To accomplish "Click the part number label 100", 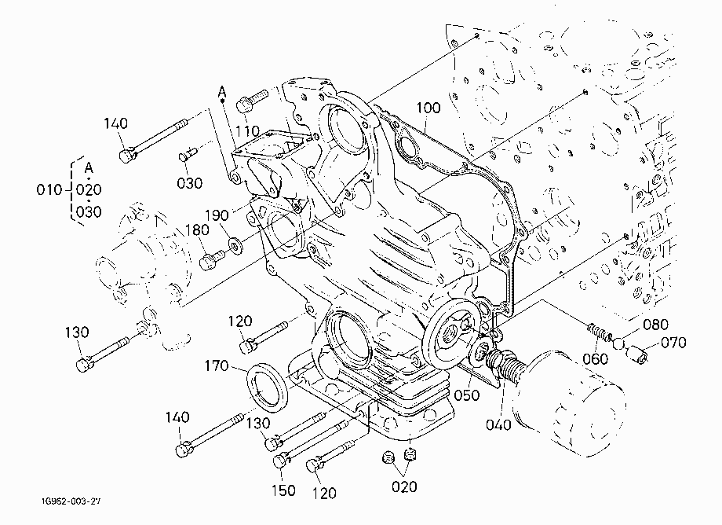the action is click(428, 108).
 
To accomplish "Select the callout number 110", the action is click(248, 132).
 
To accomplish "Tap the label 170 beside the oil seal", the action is click(217, 366).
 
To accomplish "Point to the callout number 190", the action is click(217, 215).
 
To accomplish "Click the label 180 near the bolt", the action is click(197, 229).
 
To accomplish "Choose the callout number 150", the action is click(283, 490).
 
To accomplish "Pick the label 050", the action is click(466, 395).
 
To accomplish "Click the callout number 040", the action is click(498, 424).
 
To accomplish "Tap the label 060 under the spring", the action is click(596, 358).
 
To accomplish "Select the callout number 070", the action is click(673, 343).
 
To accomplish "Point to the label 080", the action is click(655, 325).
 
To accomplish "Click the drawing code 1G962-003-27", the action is click(71, 501).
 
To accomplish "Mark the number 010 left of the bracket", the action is click(49, 190).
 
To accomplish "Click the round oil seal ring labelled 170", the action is click(268, 386).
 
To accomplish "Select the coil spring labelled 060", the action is click(599, 332).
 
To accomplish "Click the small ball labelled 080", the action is click(619, 342).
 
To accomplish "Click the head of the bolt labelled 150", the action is click(281, 461).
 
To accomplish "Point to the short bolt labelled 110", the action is click(252, 101).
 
